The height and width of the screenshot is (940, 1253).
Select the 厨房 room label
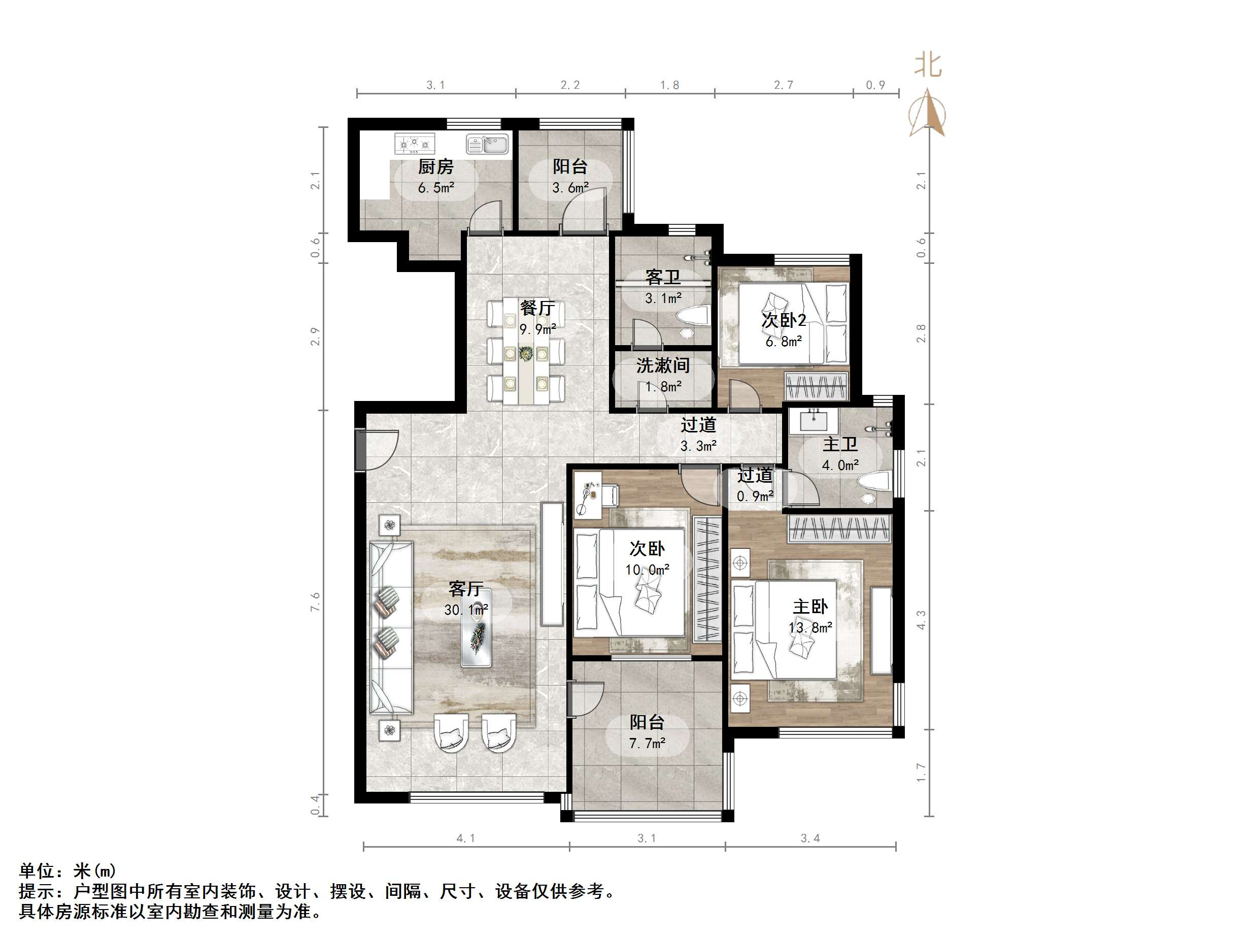click(x=435, y=167)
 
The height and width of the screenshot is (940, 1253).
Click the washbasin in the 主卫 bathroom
click(x=814, y=420)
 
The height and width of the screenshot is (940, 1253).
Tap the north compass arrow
click(x=927, y=113)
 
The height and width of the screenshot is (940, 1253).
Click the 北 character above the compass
click(x=928, y=65)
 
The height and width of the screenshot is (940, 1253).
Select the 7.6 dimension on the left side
click(x=316, y=602)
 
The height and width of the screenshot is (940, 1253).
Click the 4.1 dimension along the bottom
click(x=466, y=838)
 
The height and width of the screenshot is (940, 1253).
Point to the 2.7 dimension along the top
click(x=784, y=85)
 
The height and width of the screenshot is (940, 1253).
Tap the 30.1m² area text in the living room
click(x=466, y=610)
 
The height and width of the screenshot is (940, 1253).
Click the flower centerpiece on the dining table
click(x=526, y=354)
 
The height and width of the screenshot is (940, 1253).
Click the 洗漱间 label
click(x=663, y=366)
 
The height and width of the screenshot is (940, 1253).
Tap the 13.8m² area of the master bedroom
click(x=810, y=628)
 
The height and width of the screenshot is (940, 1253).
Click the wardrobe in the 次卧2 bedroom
click(x=816, y=386)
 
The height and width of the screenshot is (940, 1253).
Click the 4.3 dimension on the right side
click(x=921, y=619)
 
